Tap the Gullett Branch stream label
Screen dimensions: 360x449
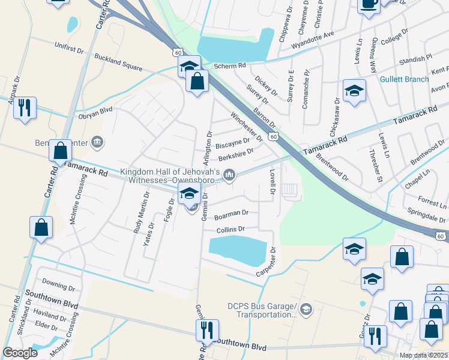(404, 79)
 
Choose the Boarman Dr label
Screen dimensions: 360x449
(231, 213)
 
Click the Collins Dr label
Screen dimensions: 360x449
(231, 229)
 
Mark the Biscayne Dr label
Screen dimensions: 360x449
(232, 143)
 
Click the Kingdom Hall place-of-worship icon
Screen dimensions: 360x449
(229, 175)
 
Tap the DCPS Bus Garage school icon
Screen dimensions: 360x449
(306, 309)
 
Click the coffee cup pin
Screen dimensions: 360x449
(369, 5)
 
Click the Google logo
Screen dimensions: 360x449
(20, 353)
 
